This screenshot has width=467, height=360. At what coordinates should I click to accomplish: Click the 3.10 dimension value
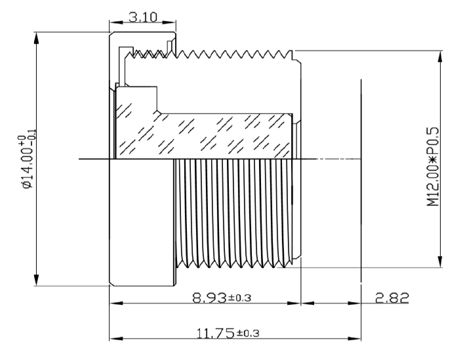(142, 18)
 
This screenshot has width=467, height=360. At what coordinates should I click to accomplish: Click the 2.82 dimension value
(391, 298)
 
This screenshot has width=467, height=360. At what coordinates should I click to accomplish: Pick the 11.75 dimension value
(213, 333)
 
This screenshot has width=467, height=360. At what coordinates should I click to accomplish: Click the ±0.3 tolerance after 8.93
(240, 299)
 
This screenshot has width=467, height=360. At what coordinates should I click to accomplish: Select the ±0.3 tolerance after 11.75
(247, 334)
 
